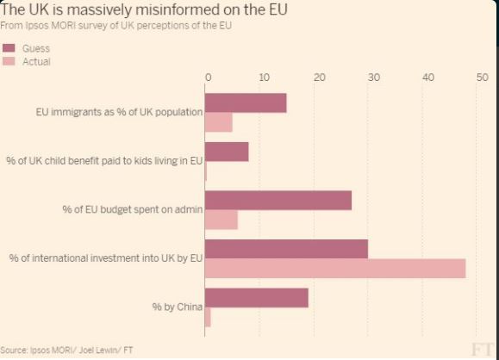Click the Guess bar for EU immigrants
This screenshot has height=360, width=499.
[246, 102]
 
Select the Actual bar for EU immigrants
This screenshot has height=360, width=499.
[219, 122]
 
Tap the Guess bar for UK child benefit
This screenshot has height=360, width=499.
[227, 152]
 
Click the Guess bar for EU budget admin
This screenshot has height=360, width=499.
[278, 200]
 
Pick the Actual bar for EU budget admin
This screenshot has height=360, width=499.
[221, 220]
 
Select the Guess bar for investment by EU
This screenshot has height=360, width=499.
[287, 249]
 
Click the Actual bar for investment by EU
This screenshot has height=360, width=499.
[335, 269]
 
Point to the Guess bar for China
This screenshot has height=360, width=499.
[257, 298]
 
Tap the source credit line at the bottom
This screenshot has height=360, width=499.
[67, 351]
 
